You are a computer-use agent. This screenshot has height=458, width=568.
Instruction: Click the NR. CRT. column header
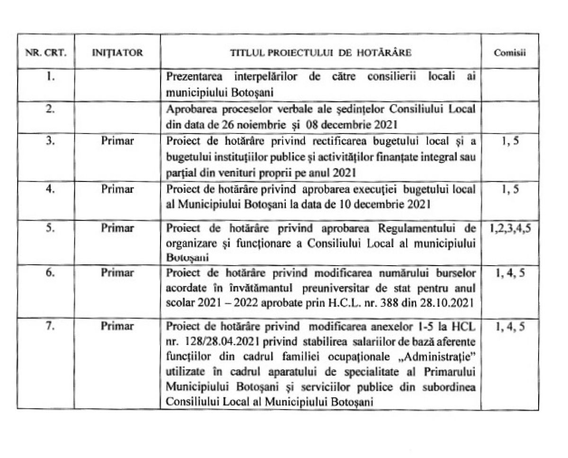45,52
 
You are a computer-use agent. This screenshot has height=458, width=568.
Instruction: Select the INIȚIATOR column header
117,52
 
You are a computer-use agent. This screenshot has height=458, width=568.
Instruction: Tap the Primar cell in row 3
117,141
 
